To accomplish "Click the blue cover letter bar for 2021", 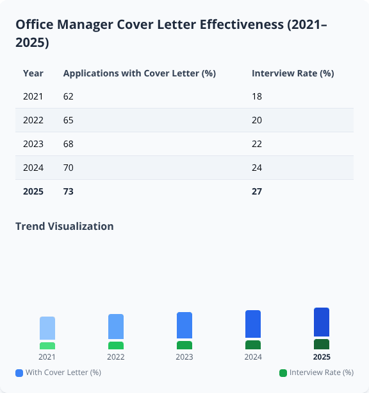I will coord(47,328).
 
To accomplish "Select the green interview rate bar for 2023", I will coord(184,345).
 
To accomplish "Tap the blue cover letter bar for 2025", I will coord(322,322).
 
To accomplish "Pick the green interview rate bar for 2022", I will coord(116,345).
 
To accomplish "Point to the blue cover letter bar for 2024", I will coord(253,324).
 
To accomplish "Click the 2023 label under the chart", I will coord(184,357).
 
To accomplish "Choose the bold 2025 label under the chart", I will coord(322,357).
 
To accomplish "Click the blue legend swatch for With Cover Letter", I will coord(19,372).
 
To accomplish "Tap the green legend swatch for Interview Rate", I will coord(283,372).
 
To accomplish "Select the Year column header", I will coord(33,73).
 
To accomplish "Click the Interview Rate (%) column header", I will coord(293,73).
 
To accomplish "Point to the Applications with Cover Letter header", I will coord(139,73).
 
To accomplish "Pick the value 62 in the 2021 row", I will coord(69,96).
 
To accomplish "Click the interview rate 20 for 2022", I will coord(257,120).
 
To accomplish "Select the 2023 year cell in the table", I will coord(33,144).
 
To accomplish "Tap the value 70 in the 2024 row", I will coord(69,168).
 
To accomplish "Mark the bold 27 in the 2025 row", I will coord(257,191).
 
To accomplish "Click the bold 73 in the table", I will coord(69,191).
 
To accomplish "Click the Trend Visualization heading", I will coord(65,226).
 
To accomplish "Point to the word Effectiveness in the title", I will coord(241,25).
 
